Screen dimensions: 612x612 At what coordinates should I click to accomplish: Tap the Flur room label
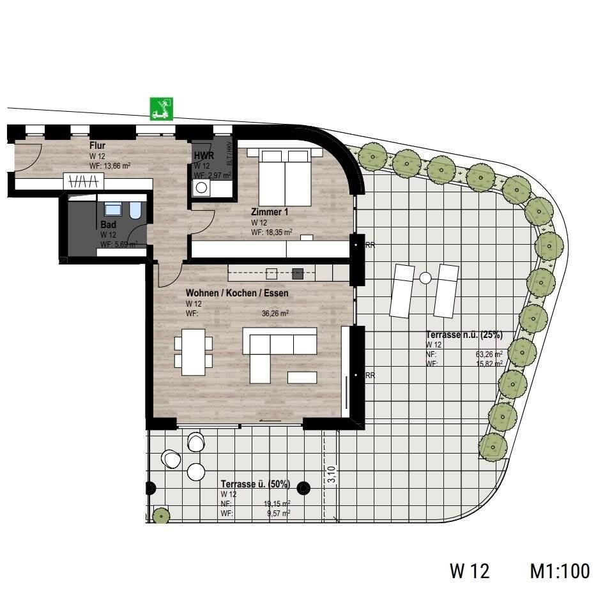click(97, 146)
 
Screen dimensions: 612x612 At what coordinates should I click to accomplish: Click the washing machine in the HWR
click(203, 188)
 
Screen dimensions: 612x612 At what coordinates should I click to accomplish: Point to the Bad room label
click(107, 225)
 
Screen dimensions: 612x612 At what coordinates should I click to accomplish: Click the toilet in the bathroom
click(135, 211)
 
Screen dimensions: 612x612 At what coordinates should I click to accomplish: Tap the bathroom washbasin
click(113, 209)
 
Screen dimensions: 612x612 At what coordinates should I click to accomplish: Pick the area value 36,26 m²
click(276, 314)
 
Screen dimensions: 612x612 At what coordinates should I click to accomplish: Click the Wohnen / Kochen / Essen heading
click(237, 293)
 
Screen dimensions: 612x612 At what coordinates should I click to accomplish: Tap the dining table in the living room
click(194, 351)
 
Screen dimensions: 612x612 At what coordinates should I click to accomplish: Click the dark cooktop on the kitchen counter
click(297, 274)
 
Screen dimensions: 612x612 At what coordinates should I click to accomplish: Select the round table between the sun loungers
click(425, 278)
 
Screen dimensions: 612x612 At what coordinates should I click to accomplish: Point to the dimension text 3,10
click(331, 475)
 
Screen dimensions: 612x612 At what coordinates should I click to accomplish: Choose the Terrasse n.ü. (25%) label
click(464, 335)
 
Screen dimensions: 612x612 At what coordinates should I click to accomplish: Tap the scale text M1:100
click(560, 570)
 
